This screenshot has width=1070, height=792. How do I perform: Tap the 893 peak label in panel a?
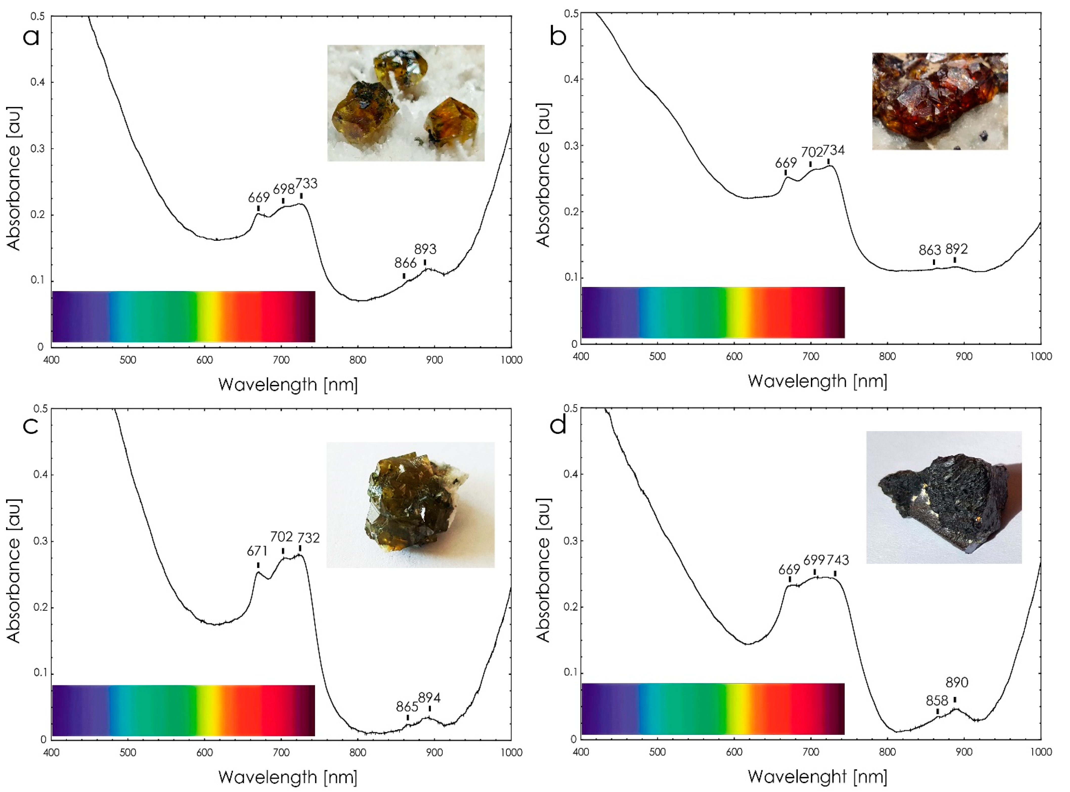425,249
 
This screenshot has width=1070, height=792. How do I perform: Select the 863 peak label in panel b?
930,250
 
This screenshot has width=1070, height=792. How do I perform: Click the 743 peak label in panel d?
838,560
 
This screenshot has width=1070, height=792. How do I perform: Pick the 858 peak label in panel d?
937,701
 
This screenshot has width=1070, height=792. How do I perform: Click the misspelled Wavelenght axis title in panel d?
817,777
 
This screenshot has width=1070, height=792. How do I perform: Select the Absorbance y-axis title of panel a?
14,178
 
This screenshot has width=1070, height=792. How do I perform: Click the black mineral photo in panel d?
944,497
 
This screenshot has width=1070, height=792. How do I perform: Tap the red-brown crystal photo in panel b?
940,101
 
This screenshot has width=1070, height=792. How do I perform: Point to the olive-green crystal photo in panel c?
410,505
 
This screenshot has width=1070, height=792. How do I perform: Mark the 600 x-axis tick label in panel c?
205,753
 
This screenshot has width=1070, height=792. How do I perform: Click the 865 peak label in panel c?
407,707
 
